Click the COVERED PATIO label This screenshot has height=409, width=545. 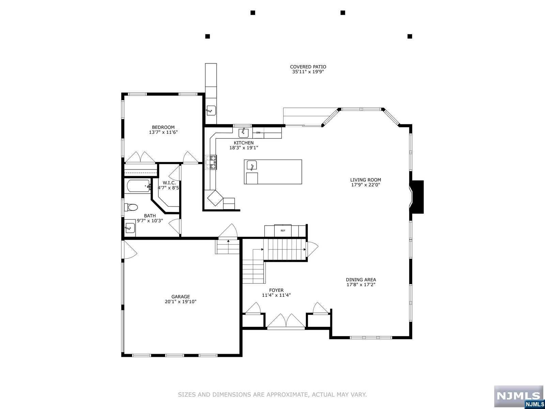[308, 67]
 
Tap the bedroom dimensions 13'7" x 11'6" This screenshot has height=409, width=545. [163, 132]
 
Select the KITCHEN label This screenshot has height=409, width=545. [244, 143]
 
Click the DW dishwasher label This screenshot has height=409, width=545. [258, 133]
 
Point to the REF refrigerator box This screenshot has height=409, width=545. [283, 231]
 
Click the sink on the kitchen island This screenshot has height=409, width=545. [251, 166]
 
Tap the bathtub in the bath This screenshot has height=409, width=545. [138, 186]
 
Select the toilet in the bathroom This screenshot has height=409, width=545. [131, 207]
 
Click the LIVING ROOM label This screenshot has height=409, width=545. [365, 180]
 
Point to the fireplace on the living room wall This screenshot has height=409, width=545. [417, 197]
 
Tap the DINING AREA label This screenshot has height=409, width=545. [361, 280]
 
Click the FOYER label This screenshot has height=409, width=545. [276, 290]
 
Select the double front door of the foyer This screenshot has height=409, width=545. [286, 321]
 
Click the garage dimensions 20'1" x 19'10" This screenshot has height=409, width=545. [181, 302]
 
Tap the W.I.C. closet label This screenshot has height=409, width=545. [169, 183]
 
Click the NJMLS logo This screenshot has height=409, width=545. [518, 396]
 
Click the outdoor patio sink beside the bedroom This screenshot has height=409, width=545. [211, 110]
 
